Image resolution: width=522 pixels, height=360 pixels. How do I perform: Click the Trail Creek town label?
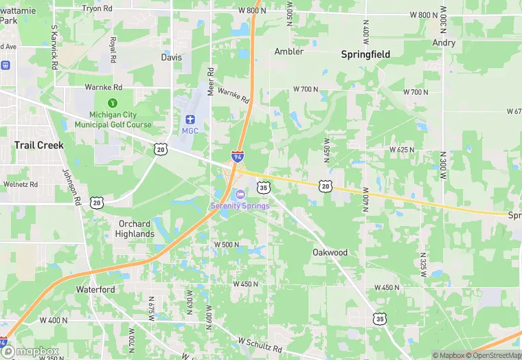pyautogui.click(x=39, y=145)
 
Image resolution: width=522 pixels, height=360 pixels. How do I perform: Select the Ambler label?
pyautogui.click(x=288, y=52)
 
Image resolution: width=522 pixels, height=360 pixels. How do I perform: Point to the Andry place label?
pyautogui.click(x=444, y=43)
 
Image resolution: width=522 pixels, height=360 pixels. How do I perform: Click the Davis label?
pyautogui.click(x=172, y=57)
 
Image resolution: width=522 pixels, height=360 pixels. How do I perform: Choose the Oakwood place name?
pyautogui.click(x=330, y=252)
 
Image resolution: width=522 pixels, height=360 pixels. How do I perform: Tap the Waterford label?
pyautogui.click(x=95, y=289)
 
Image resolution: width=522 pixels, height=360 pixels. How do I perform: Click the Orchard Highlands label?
pyautogui.click(x=135, y=229)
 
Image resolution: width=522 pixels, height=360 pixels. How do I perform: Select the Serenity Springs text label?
pyautogui.click(x=240, y=205)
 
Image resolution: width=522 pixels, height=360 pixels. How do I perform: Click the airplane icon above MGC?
pyautogui.click(x=190, y=120)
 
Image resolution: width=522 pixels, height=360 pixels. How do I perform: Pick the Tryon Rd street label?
pyautogui.click(x=97, y=8)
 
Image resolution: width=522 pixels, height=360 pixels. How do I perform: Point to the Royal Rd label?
pyautogui.click(x=113, y=49)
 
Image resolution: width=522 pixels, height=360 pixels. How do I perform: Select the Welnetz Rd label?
pyautogui.click(x=21, y=184)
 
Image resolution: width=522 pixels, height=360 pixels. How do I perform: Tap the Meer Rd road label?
pyautogui.click(x=211, y=80)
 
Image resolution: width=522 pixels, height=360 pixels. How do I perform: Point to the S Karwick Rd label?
pyautogui.click(x=54, y=47)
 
